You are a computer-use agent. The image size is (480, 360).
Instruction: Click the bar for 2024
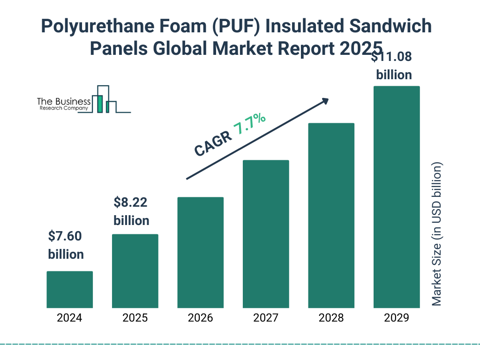pyautogui.click(x=69, y=290)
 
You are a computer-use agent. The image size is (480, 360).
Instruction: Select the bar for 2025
pyautogui.click(x=135, y=271)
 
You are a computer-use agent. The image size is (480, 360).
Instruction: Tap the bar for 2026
pyautogui.click(x=200, y=253)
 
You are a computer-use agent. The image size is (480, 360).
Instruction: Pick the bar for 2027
pyautogui.click(x=266, y=234)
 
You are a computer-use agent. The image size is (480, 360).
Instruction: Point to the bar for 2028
pyautogui.click(x=331, y=216)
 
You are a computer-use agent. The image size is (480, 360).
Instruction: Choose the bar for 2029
pyautogui.click(x=397, y=197)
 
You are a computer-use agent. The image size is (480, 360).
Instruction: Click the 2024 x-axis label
pyautogui.click(x=69, y=318)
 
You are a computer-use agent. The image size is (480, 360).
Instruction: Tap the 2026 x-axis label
pyautogui.click(x=200, y=318)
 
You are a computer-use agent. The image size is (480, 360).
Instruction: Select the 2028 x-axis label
pyautogui.click(x=331, y=318)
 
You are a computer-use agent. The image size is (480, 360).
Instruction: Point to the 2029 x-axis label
pyautogui.click(x=397, y=318)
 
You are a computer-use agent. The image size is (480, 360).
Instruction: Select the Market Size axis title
pyautogui.click(x=437, y=234)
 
